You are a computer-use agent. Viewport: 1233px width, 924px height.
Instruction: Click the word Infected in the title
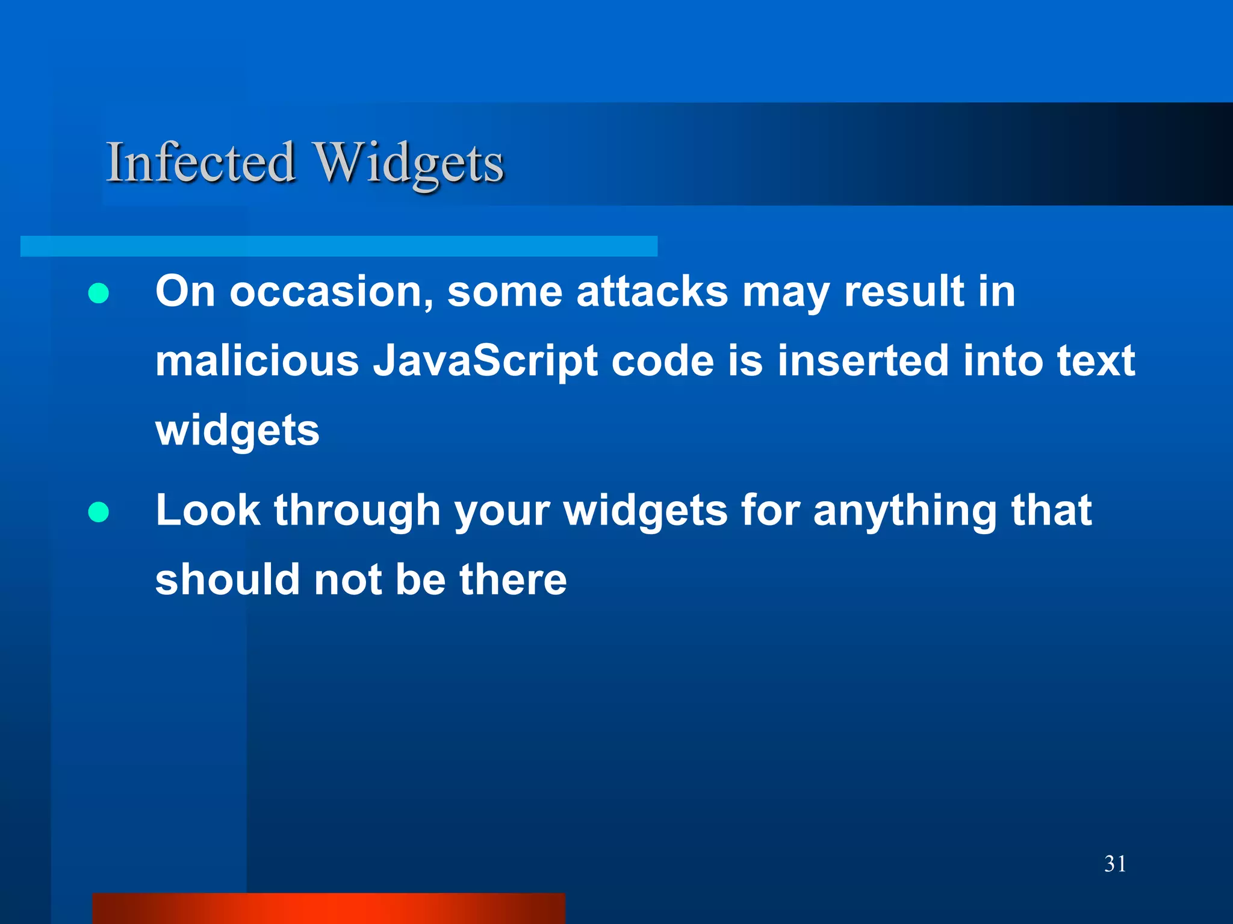click(200, 162)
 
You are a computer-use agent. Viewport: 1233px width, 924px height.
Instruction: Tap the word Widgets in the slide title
click(410, 164)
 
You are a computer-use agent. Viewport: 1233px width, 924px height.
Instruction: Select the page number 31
click(1115, 864)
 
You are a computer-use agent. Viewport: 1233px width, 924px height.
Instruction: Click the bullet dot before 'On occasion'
click(98, 294)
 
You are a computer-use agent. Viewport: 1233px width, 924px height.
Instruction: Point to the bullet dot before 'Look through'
click(98, 513)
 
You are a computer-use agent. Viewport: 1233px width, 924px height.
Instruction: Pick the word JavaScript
click(485, 361)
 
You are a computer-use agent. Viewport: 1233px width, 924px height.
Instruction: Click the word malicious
click(257, 361)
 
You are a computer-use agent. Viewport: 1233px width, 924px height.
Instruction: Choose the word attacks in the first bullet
click(652, 292)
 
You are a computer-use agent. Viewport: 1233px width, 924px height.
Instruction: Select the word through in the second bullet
click(357, 511)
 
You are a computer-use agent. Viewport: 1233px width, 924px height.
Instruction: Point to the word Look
click(208, 510)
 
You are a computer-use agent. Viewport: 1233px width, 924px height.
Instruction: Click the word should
click(228, 579)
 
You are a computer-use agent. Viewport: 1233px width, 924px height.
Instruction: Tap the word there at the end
click(513, 579)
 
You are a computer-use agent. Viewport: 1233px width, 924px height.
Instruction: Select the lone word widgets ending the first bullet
click(237, 431)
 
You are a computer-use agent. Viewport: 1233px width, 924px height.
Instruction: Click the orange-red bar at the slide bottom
click(328, 908)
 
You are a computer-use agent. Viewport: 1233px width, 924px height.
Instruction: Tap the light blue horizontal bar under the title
click(338, 246)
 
